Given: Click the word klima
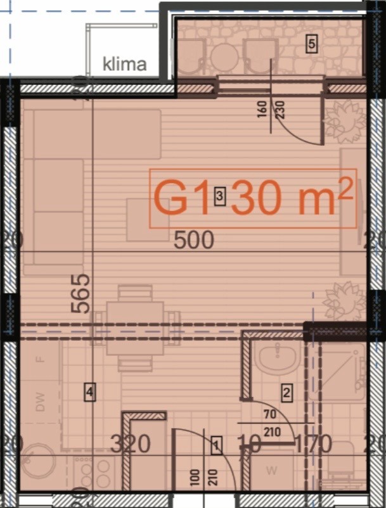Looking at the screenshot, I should click(125, 63).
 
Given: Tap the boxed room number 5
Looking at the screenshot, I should click(311, 44).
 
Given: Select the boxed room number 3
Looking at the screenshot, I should click(219, 197).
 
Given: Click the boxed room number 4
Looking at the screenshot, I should click(90, 393).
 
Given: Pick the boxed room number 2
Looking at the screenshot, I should click(286, 393).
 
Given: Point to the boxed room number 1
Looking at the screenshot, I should click(216, 446).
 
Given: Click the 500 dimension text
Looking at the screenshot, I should click(193, 240).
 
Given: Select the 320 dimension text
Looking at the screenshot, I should click(131, 444).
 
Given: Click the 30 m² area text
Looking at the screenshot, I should click(292, 198).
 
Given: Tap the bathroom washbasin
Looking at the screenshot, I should click(277, 359).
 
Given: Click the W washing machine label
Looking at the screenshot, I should click(272, 471).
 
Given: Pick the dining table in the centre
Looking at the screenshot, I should click(135, 327).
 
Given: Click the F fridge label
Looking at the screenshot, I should click(41, 359).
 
